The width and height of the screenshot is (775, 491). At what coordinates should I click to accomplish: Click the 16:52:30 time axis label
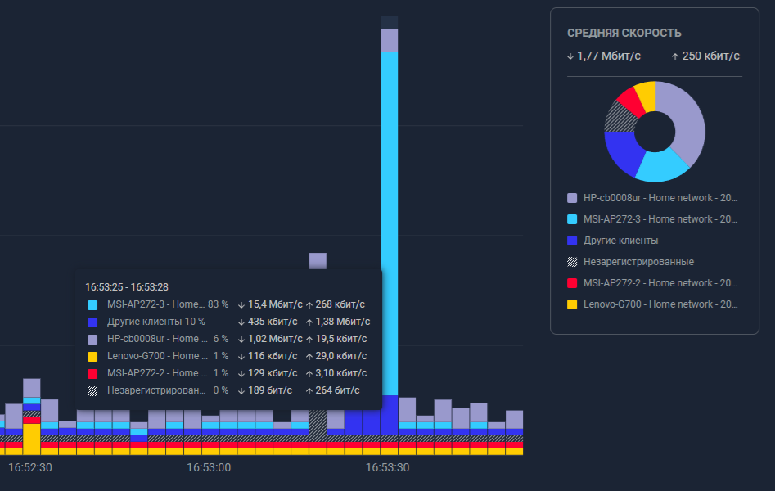[x=30, y=467]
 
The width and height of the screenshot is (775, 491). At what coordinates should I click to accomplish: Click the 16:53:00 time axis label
[x=209, y=467]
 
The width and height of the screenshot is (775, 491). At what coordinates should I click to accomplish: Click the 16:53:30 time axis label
[x=387, y=467]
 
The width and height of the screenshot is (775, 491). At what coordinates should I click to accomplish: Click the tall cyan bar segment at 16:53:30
[x=390, y=221]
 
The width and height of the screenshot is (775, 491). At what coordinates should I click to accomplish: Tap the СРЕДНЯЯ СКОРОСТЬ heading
[x=624, y=34]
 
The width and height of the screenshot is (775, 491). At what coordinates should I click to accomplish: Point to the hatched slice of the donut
[x=616, y=119]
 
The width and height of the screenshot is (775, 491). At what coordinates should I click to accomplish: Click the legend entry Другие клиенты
[x=620, y=241]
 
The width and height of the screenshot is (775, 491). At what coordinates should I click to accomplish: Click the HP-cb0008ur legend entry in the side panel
[x=660, y=198]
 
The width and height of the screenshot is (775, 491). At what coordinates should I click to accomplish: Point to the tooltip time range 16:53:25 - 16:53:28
[x=127, y=286]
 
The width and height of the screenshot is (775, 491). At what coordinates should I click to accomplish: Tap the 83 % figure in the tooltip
[x=218, y=304]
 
